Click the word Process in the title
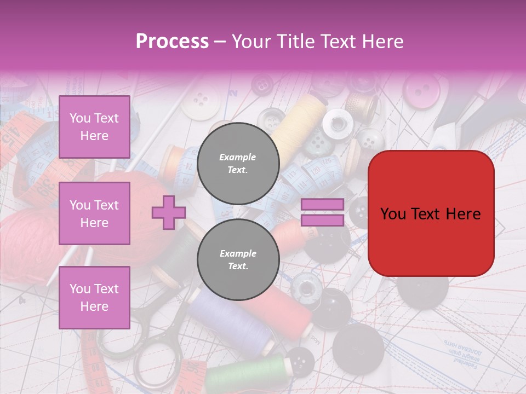tap(172, 42)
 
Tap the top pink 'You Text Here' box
tap(94, 127)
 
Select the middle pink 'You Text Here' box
tap(94, 213)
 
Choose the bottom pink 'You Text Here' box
tap(94, 297)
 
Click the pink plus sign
tap(169, 212)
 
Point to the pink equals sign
tap(322, 212)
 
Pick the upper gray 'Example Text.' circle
tap(238, 163)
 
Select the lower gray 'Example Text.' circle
tap(238, 260)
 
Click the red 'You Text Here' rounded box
tap(431, 213)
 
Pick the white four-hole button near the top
tap(201, 100)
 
